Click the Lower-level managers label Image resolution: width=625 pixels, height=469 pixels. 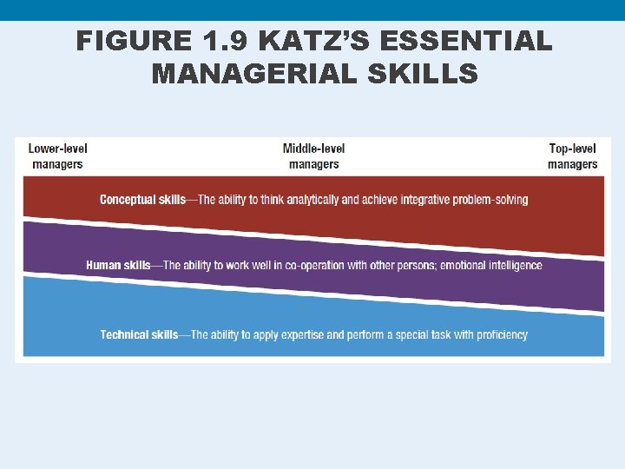pyautogui.click(x=57, y=155)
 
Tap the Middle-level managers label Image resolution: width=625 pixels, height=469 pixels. pyautogui.click(x=313, y=155)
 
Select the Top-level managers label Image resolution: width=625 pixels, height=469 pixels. pyautogui.click(x=572, y=155)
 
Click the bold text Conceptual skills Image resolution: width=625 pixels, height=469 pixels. pyautogui.click(x=142, y=200)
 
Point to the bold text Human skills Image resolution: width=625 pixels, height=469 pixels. pyautogui.click(x=118, y=265)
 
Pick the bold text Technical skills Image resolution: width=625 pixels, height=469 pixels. pyautogui.click(x=139, y=334)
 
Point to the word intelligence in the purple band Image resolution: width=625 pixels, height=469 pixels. pyautogui.click(x=516, y=265)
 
